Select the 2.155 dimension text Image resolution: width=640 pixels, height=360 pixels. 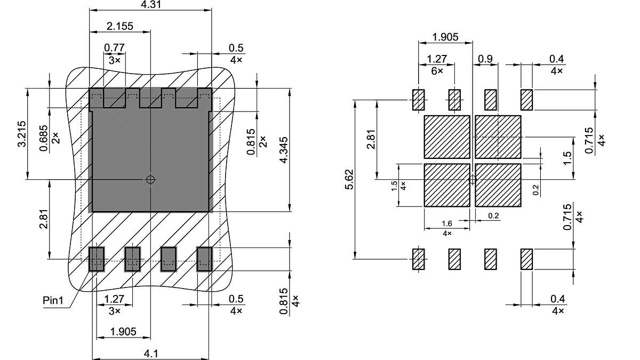[x=120, y=26]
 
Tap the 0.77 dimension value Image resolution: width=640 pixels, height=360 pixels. [x=114, y=47]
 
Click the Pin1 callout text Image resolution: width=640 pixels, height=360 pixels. [x=53, y=301]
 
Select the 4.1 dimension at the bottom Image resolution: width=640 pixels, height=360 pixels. [x=150, y=353]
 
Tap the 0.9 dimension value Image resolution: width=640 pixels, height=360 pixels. [x=485, y=59]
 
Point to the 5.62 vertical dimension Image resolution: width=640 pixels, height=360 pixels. [x=349, y=180]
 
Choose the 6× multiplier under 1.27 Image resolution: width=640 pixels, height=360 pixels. [x=437, y=71]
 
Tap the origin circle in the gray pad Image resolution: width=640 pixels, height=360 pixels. [x=151, y=180]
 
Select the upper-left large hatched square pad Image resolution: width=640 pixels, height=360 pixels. [x=447, y=137]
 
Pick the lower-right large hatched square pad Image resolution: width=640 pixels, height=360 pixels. [x=498, y=185]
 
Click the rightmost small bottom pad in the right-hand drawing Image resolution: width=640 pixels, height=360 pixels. [x=526, y=259]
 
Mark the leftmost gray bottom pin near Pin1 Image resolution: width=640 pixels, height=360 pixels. [x=96, y=259]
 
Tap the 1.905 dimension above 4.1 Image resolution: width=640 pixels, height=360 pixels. [x=123, y=332]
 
